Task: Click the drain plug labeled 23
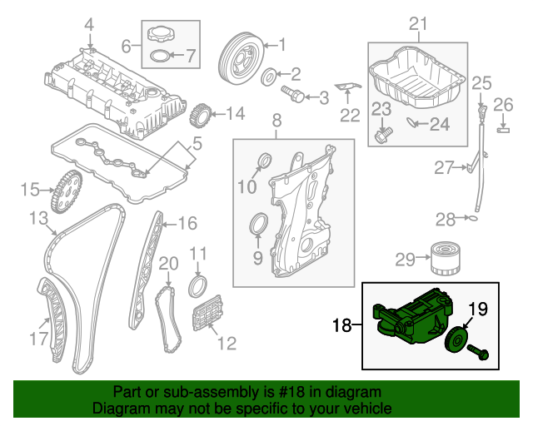pos(383,131)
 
